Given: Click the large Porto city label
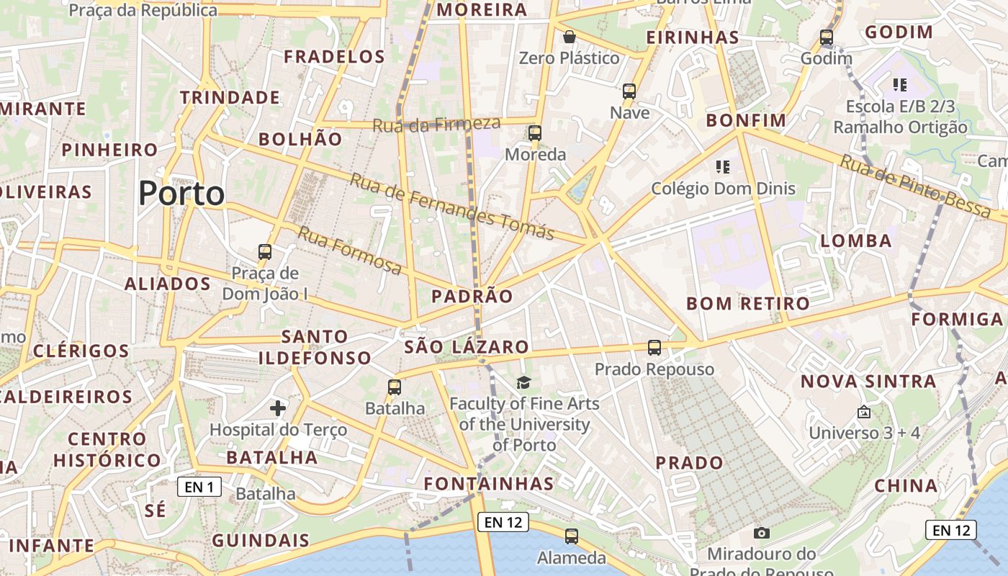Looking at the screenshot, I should (181, 194).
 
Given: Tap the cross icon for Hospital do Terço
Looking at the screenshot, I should (278, 409).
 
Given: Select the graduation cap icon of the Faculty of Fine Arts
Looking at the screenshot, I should (523, 382).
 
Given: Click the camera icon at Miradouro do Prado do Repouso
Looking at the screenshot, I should (761, 533).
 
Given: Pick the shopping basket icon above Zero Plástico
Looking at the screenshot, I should (570, 37).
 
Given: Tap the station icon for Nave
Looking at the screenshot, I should (629, 91).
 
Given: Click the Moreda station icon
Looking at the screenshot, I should (534, 133).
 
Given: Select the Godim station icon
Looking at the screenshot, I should (826, 37).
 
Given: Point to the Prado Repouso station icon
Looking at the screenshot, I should (654, 348).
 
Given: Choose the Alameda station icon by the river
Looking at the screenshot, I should (572, 536).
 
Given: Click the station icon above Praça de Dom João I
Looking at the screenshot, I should (265, 252).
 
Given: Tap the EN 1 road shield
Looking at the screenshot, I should (199, 487).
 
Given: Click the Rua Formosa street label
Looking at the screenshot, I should (350, 251).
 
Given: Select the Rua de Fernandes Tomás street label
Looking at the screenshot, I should (451, 206).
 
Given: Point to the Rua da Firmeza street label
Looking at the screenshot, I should (436, 124).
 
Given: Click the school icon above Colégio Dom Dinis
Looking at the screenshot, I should (723, 167).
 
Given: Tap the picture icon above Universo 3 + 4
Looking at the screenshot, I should (864, 413).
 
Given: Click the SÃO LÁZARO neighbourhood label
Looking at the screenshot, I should (467, 347).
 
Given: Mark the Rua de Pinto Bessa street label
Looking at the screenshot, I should (915, 186).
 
